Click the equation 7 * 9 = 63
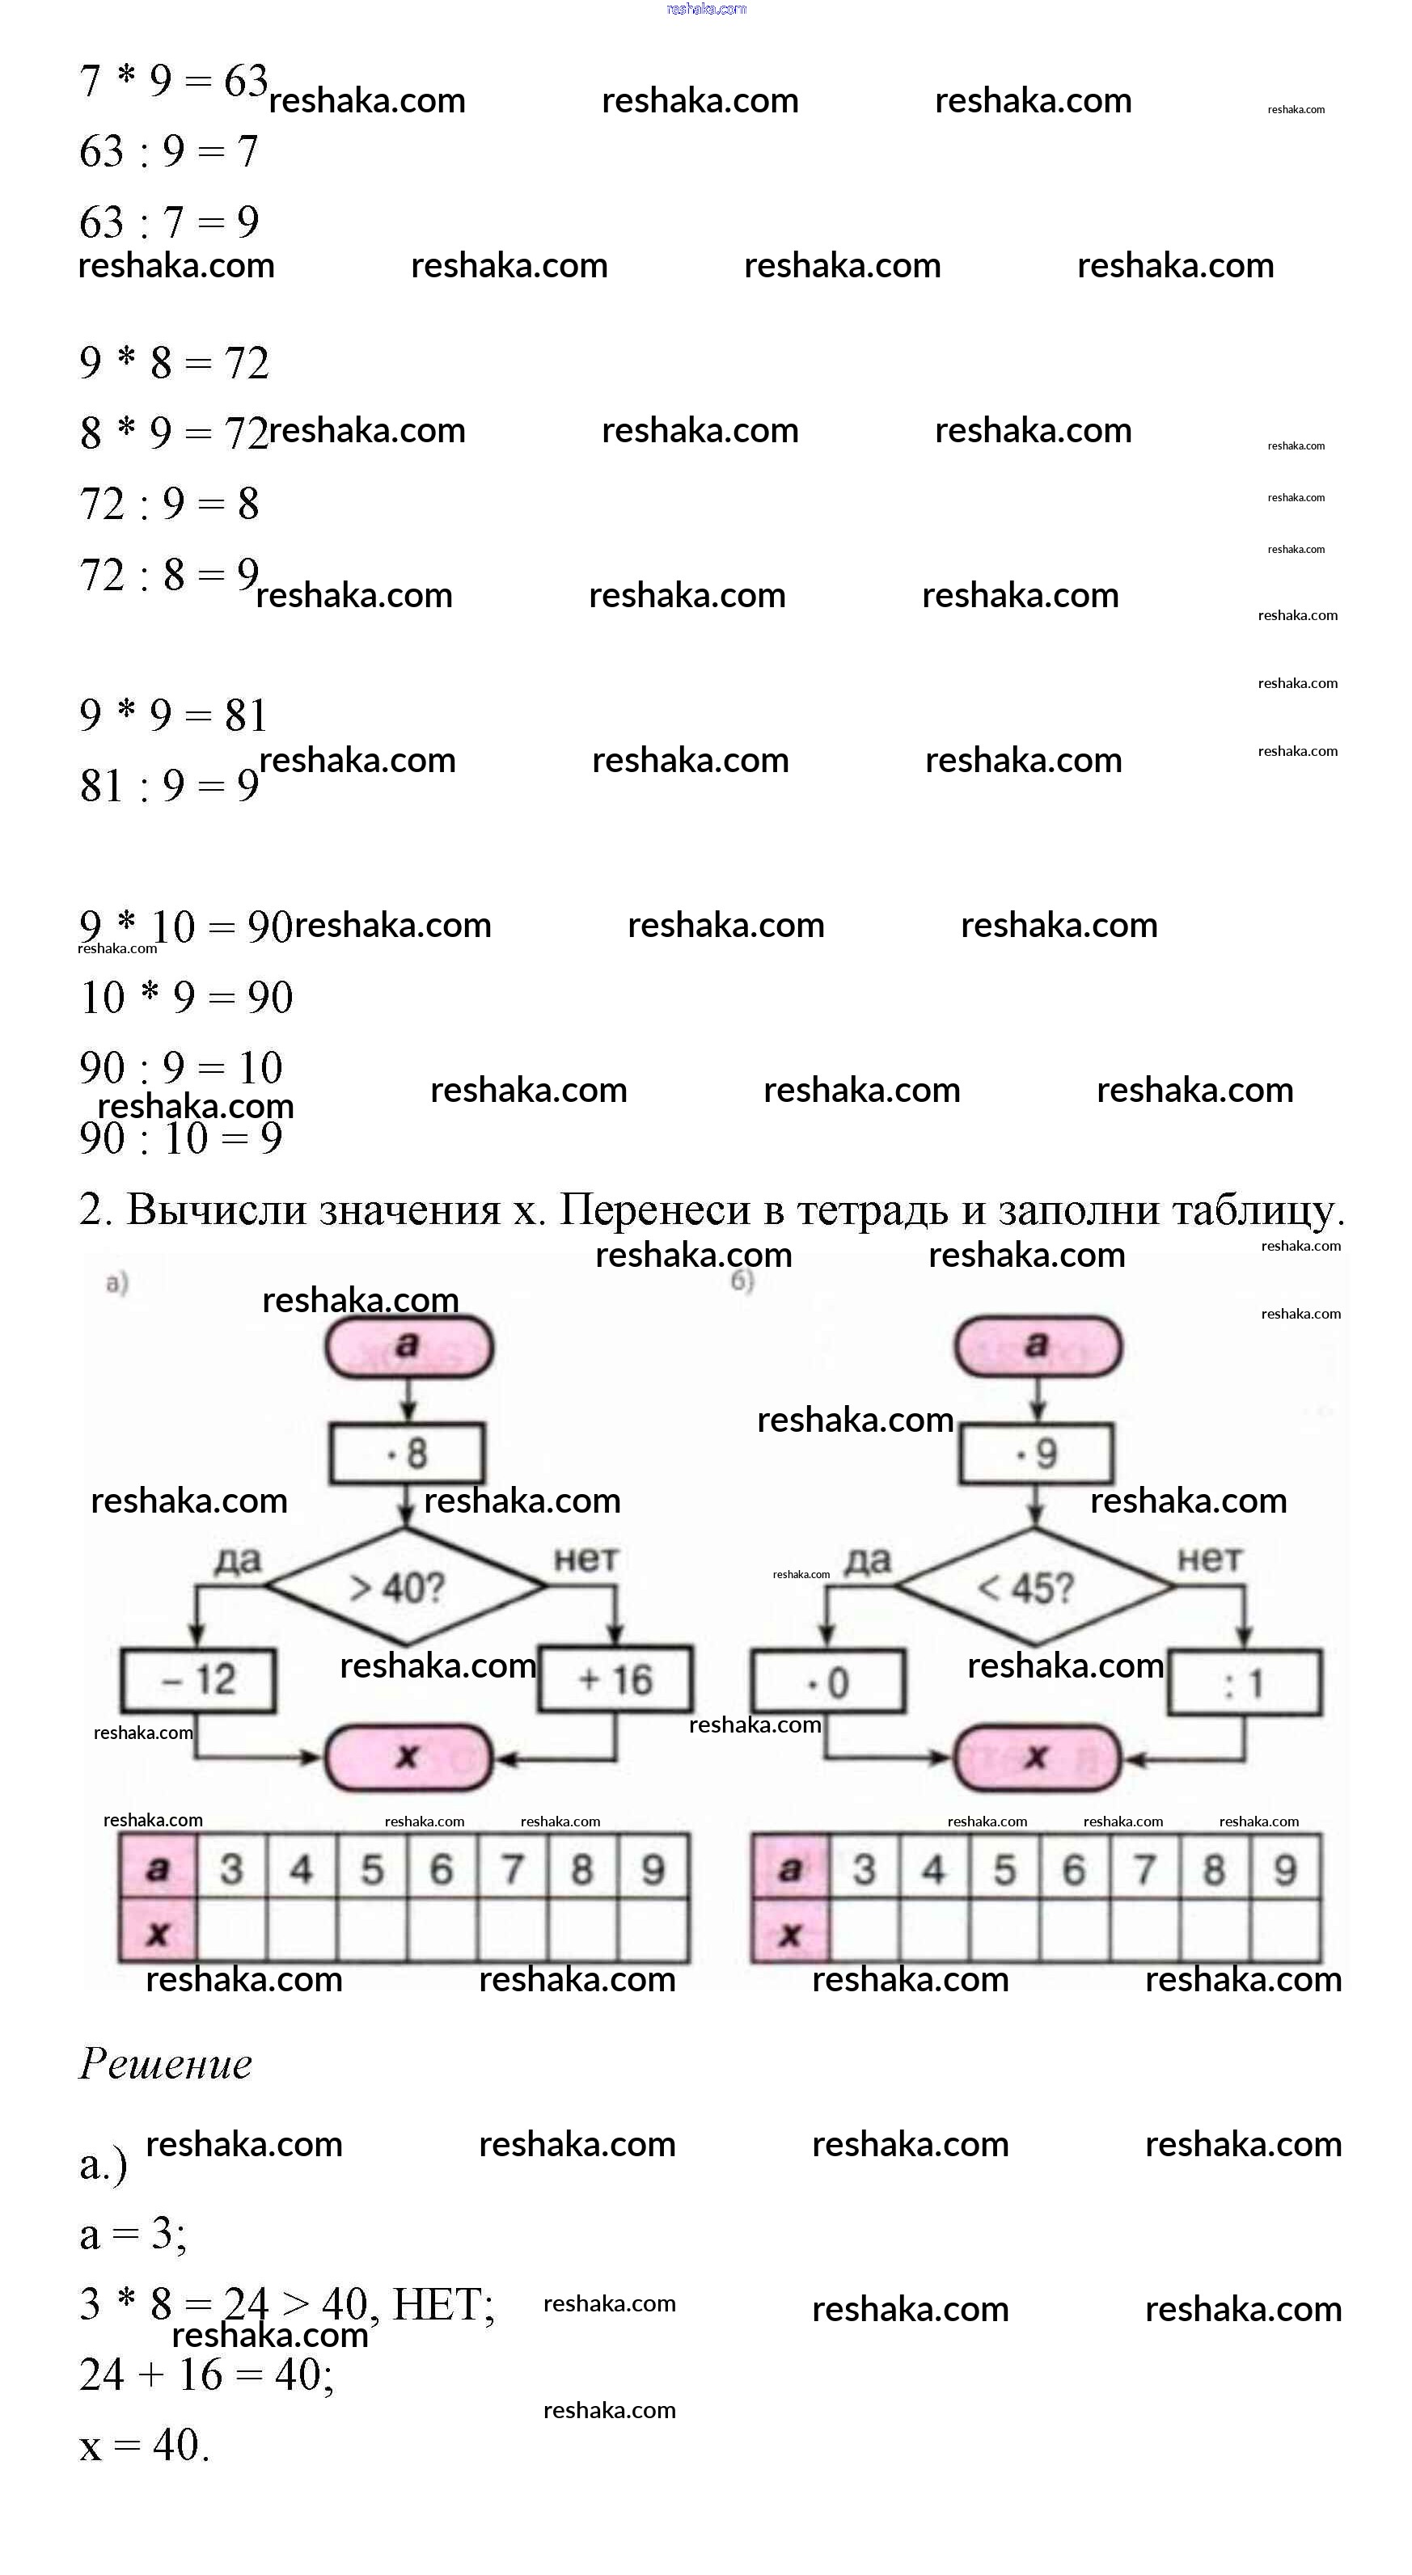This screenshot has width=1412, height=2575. [173, 81]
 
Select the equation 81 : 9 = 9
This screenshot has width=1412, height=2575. [169, 786]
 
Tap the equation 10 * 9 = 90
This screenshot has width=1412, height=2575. [186, 997]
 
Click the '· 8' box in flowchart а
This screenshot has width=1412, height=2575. [407, 1453]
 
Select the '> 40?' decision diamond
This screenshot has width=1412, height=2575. [404, 1586]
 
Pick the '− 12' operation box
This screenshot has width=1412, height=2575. [198, 1680]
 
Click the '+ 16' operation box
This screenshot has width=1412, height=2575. [615, 1680]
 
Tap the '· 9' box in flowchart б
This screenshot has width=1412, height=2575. [1036, 1454]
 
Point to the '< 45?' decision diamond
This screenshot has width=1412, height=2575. [1034, 1586]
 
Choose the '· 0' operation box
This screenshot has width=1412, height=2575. [828, 1682]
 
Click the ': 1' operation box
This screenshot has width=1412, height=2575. [1244, 1684]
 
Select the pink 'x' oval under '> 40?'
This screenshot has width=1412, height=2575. [408, 1756]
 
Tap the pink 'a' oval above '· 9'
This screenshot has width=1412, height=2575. [1038, 1345]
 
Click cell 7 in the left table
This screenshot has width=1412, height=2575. [513, 1868]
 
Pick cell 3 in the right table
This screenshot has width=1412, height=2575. [864, 1868]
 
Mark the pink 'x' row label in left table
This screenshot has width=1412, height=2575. [158, 1932]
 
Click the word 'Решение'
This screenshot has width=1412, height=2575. [166, 2064]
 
